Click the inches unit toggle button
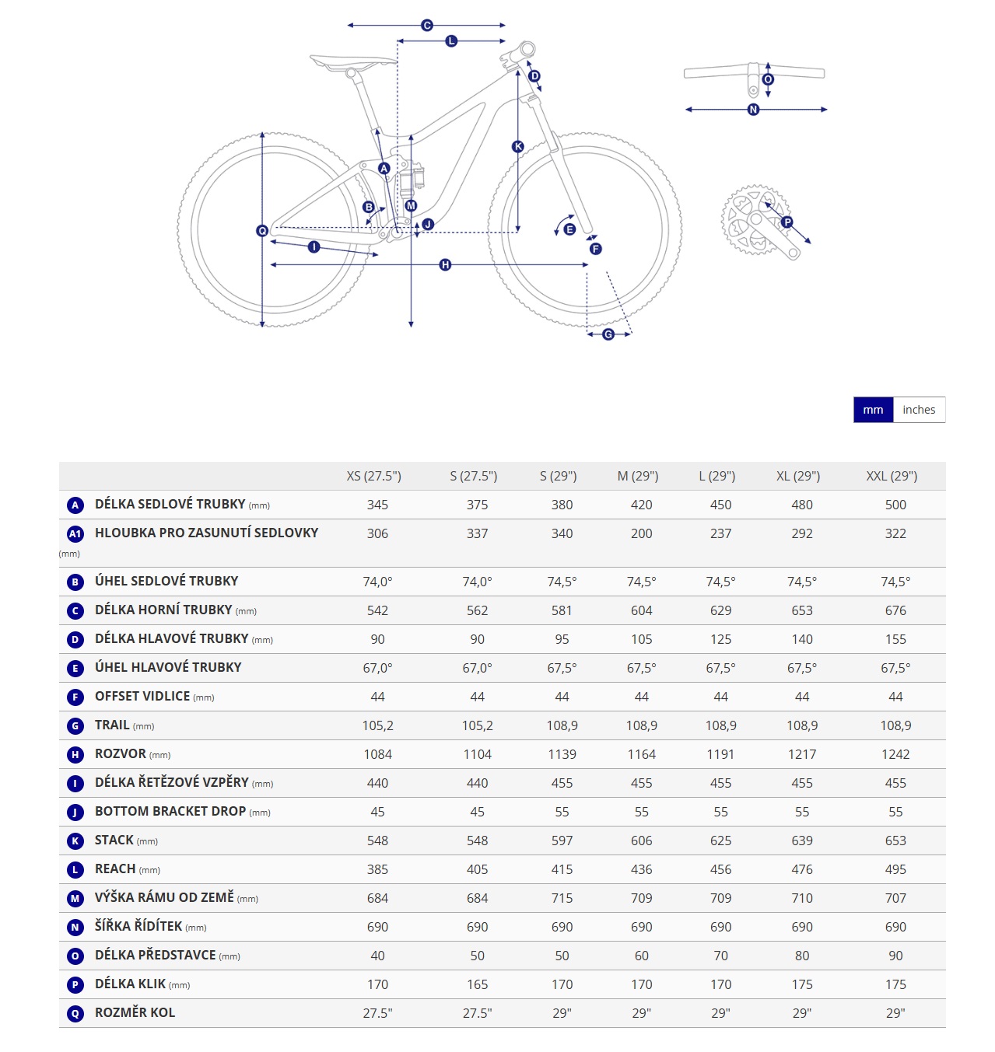(918, 409)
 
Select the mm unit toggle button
(872, 409)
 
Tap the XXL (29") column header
(891, 476)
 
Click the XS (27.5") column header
(373, 476)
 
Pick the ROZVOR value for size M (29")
(641, 754)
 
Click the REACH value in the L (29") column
(720, 869)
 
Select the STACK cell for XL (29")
(801, 840)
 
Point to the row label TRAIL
(112, 725)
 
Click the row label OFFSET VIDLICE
(142, 696)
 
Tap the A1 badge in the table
(75, 533)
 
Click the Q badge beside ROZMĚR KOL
(75, 1013)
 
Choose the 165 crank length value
(477, 984)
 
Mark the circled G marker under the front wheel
(608, 334)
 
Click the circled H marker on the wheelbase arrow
(444, 265)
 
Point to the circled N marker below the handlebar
(753, 110)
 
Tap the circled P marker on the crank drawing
(787, 222)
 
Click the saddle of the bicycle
(352, 62)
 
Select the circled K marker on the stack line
(517, 147)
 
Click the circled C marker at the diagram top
(426, 25)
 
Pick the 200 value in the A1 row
(641, 533)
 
